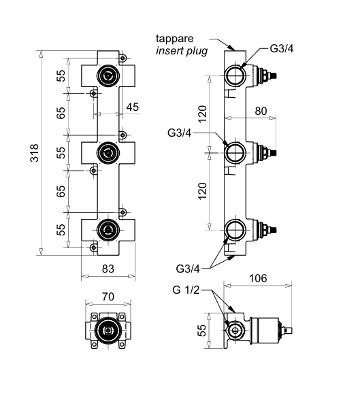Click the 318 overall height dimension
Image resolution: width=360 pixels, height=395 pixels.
click(34, 153)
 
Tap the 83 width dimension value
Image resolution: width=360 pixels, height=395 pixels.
click(108, 269)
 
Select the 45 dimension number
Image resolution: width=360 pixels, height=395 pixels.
click(133, 107)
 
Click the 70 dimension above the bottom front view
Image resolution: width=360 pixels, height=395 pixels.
click(108, 296)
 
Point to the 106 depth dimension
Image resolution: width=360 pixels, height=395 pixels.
click(258, 278)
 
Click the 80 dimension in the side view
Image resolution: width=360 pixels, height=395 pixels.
click(261, 111)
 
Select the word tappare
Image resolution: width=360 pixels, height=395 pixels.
click(175, 39)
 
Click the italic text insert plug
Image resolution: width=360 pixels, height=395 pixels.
click(182, 51)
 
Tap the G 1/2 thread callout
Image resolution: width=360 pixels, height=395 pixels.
click(186, 290)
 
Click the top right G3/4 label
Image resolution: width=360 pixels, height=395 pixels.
click(282, 49)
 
